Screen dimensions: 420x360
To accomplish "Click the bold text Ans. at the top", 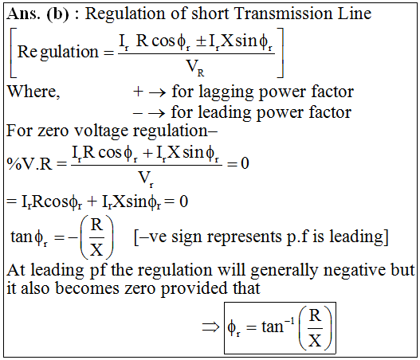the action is [23, 14].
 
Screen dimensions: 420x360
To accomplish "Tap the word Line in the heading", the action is [355, 13].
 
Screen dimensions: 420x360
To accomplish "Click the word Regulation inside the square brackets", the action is [58, 52].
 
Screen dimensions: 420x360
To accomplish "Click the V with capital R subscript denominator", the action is [195, 68].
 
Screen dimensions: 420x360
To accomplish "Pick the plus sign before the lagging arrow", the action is [138, 92].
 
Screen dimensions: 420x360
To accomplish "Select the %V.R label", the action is [29, 163].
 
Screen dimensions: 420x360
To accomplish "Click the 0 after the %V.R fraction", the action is [245, 163].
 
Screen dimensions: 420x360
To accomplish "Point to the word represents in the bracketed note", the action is [245, 237].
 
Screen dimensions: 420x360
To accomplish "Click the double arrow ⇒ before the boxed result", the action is [210, 327].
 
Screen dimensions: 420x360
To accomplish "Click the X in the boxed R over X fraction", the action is [315, 340].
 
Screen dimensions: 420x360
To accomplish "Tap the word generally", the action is [284, 270].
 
